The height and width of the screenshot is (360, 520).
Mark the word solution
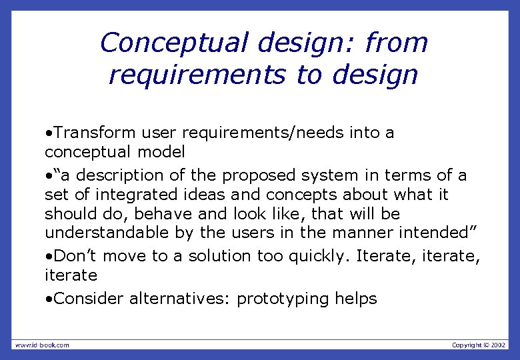[220, 256]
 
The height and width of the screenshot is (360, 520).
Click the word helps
[357, 299]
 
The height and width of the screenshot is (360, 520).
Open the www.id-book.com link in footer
[41, 345]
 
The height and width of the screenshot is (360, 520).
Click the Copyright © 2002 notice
[479, 345]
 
